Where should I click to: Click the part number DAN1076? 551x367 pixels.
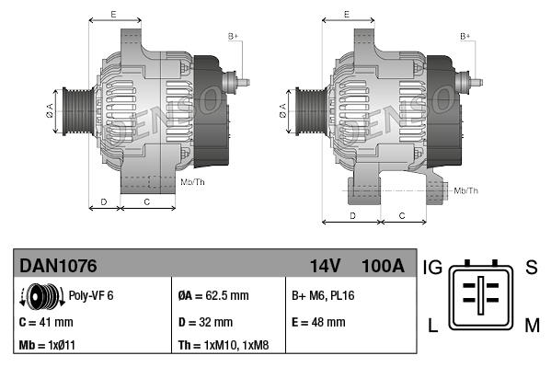click(58, 266)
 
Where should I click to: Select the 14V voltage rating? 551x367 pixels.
click(325, 266)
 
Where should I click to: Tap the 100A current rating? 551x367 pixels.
click(384, 266)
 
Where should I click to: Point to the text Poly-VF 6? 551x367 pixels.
click(91, 296)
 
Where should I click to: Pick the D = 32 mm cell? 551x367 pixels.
click(205, 322)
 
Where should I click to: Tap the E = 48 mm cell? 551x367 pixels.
click(318, 322)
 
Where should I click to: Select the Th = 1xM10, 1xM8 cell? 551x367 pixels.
click(224, 345)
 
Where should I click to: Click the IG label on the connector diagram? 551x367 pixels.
click(433, 268)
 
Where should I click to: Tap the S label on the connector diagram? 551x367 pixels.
click(531, 268)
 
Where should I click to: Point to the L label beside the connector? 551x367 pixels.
click(433, 324)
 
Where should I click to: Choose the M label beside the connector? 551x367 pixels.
click(531, 324)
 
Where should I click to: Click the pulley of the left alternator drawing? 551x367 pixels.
click(73, 113)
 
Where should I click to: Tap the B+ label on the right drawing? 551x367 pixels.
click(465, 36)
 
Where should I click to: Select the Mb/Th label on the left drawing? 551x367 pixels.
click(193, 182)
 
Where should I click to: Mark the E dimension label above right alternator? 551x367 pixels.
click(347, 13)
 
